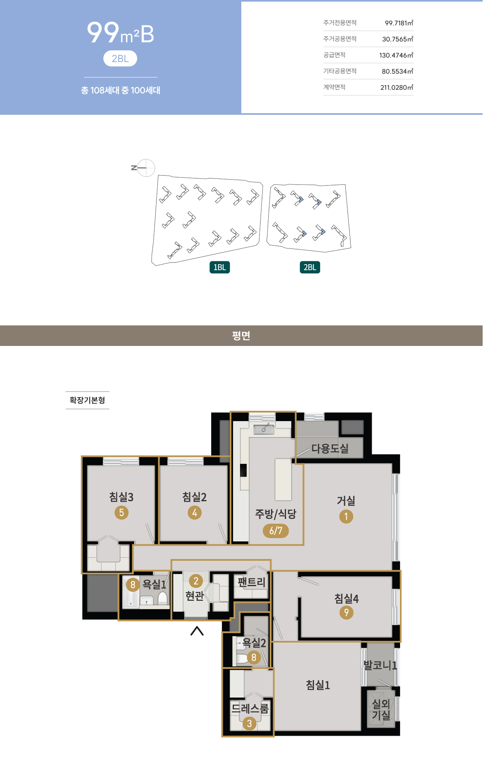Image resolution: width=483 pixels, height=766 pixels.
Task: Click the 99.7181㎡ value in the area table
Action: (x=399, y=23)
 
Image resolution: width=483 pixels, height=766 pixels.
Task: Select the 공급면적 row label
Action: (x=334, y=55)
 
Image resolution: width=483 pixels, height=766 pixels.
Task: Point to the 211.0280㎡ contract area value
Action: (x=397, y=87)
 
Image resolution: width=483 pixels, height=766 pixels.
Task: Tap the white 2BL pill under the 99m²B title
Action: (x=120, y=58)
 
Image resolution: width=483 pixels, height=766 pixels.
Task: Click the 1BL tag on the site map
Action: (x=220, y=267)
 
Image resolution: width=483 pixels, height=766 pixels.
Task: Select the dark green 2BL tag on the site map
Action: (x=310, y=267)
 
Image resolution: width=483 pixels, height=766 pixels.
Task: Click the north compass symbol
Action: (x=144, y=168)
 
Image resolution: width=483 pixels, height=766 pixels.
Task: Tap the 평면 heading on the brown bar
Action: (x=241, y=335)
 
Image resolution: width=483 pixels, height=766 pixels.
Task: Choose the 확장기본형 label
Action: (x=87, y=400)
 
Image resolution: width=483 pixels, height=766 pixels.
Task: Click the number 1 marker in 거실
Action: (x=346, y=516)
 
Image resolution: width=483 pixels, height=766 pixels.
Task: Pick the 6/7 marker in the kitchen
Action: (x=276, y=531)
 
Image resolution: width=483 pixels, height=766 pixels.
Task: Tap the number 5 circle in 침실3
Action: (x=121, y=513)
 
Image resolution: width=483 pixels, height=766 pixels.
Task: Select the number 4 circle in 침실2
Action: (x=195, y=513)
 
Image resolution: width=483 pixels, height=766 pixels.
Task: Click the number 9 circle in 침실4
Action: (x=346, y=613)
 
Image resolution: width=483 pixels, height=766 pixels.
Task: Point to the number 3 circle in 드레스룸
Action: (x=249, y=724)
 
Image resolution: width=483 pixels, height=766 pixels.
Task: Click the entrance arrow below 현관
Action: (x=197, y=631)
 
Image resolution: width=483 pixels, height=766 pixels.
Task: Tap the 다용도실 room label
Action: (x=330, y=449)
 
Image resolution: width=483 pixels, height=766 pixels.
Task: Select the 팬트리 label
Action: (x=252, y=582)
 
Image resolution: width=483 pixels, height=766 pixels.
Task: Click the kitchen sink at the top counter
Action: (x=264, y=429)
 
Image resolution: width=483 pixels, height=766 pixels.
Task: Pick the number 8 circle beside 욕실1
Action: (x=133, y=584)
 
